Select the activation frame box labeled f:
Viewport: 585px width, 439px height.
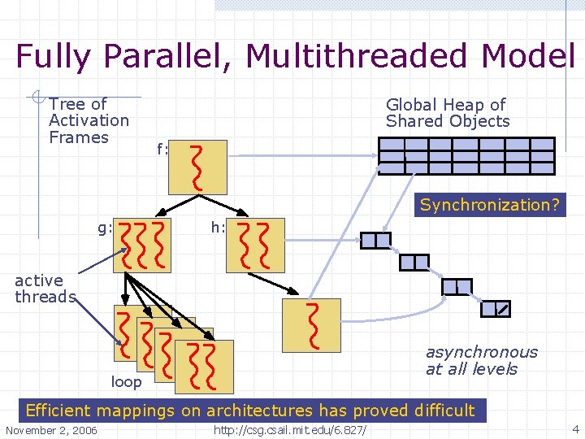[x=197, y=167]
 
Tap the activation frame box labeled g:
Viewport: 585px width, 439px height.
[x=144, y=245]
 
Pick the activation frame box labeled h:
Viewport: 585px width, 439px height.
[x=257, y=245]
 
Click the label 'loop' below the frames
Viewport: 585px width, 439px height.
[x=126, y=381]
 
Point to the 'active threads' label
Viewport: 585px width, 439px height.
[x=45, y=289]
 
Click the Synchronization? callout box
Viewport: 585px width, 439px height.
[x=489, y=205]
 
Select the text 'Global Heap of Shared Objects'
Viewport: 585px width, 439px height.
[x=447, y=113]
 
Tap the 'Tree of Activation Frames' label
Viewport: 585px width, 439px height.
[x=88, y=120]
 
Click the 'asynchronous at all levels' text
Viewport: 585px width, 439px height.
[x=481, y=360]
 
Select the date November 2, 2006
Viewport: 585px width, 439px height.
[x=50, y=429]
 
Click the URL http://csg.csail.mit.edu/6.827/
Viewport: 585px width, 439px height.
[x=290, y=429]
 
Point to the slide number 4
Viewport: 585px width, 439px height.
[x=575, y=428]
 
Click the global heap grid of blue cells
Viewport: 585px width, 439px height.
[x=467, y=156]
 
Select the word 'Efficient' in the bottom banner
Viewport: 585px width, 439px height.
[x=60, y=411]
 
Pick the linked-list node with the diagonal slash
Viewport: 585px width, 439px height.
[x=495, y=308]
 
